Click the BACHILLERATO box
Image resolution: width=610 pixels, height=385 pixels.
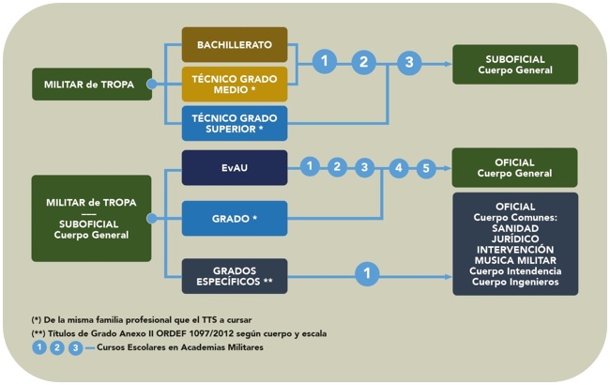234,45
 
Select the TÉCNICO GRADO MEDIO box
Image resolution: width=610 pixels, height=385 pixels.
234,84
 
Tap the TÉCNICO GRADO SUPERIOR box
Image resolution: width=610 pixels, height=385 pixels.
234,123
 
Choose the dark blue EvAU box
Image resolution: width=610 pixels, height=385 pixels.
234,167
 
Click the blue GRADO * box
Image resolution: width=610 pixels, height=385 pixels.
234,218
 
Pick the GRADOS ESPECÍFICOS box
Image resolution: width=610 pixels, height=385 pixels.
234,273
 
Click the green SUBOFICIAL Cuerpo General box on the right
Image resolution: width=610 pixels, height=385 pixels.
515,64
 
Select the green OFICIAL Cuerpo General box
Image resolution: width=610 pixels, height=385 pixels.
515,167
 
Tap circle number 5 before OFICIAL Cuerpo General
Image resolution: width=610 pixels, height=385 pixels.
426,168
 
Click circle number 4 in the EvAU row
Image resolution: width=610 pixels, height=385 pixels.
398,168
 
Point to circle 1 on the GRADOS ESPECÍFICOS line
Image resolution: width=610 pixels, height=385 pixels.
369,273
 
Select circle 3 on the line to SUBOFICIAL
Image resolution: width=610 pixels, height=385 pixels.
406,63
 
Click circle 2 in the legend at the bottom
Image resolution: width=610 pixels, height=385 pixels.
56,347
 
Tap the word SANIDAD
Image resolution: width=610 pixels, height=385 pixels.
514,227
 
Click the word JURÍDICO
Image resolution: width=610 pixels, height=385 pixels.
514,239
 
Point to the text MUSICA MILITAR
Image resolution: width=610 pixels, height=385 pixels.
514,260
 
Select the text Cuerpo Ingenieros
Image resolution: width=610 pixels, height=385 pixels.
514,282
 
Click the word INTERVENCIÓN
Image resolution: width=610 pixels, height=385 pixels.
514,249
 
